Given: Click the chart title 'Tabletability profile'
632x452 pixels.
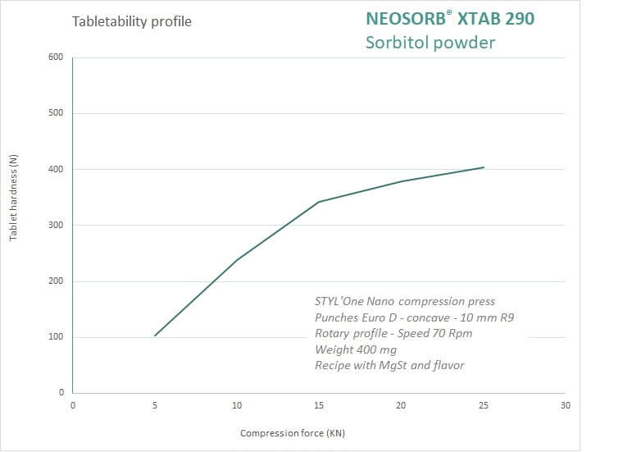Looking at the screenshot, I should click(131, 22).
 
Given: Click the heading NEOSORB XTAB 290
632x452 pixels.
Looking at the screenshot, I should click(450, 18).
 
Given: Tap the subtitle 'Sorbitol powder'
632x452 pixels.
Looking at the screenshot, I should click(430, 42).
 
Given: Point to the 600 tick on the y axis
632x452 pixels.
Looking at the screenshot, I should click(56, 57).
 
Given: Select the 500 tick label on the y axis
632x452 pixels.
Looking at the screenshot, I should click(56, 113).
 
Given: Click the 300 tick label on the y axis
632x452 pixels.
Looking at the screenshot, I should click(56, 225).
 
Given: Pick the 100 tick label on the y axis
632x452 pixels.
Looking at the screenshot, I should click(56, 337).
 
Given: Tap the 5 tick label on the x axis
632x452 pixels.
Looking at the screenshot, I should click(155, 404).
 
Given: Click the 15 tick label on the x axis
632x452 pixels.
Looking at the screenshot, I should click(319, 404).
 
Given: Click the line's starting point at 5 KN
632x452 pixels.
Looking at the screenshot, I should click(155, 336).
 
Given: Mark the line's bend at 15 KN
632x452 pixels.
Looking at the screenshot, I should click(319, 202).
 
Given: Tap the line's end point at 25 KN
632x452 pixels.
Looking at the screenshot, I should click(484, 167).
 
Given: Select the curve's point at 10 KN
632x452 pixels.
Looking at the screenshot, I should click(237, 260).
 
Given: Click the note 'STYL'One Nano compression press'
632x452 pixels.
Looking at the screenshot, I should click(405, 301).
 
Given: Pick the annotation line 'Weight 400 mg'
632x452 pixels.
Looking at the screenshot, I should click(356, 349).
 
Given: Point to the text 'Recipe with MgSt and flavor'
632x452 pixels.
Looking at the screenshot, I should click(389, 365).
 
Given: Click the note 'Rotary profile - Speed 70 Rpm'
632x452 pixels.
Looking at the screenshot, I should click(393, 333).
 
